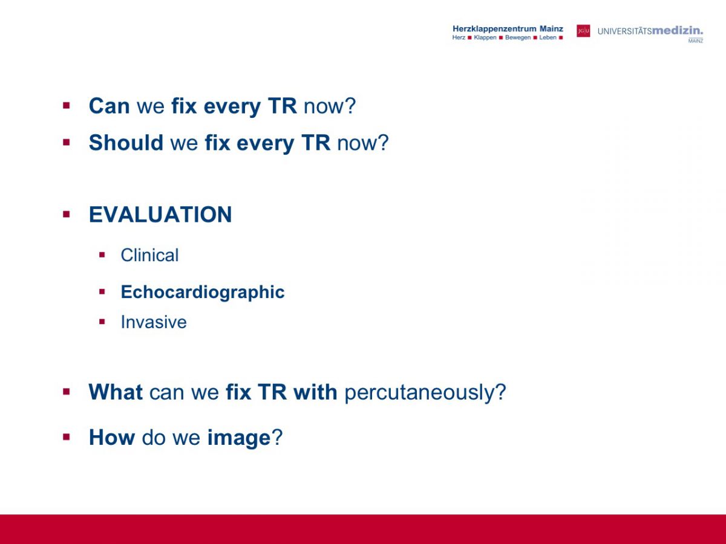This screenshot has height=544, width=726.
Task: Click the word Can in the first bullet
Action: click(109, 106)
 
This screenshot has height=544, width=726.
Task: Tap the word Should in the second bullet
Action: click(126, 143)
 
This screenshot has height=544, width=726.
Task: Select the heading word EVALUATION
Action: click(160, 215)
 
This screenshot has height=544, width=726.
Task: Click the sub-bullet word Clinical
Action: click(149, 255)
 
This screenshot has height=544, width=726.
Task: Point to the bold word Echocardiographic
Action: click(203, 293)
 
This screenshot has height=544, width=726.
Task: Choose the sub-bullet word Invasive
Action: click(154, 322)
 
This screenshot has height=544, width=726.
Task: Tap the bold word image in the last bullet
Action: click(239, 438)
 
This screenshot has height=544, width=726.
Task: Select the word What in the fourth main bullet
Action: click(116, 392)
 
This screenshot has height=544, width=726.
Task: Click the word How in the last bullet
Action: click(112, 437)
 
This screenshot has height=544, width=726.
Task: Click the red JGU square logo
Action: click(583, 31)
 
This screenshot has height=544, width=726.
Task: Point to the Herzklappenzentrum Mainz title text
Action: click(508, 29)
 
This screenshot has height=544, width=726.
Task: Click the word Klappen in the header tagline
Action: click(485, 37)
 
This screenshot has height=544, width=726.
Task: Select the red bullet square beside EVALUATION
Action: click(67, 215)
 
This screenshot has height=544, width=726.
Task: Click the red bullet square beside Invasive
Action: click(102, 322)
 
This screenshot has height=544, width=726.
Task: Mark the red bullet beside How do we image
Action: click(67, 437)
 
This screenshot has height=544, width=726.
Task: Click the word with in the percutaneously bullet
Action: click(315, 392)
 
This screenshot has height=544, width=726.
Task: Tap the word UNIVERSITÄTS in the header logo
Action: click(624, 31)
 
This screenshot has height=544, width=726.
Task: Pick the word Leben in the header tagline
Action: click(548, 37)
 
